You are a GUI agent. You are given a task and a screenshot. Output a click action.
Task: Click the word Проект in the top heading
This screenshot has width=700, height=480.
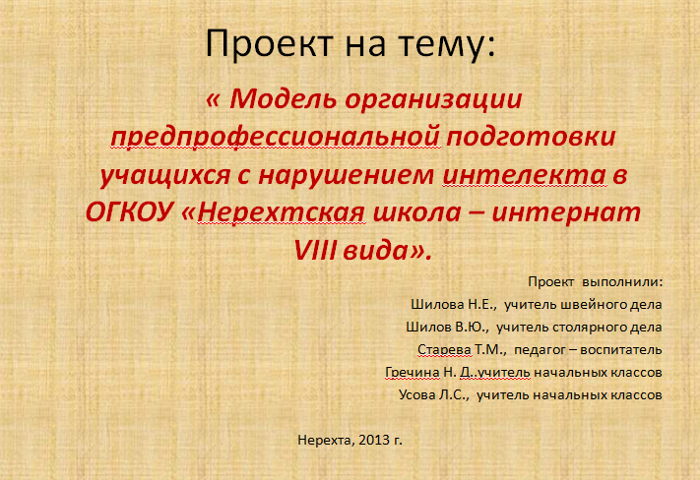pyautogui.click(x=269, y=43)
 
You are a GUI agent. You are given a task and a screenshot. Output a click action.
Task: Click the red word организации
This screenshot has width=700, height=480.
pyautogui.click(x=433, y=100)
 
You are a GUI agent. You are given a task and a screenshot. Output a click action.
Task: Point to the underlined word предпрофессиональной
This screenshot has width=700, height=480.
pyautogui.click(x=276, y=138)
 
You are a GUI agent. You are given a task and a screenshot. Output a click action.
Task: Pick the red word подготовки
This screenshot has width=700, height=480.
pyautogui.click(x=532, y=138)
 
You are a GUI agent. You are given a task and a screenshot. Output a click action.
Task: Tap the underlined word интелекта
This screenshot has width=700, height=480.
pyautogui.click(x=525, y=175)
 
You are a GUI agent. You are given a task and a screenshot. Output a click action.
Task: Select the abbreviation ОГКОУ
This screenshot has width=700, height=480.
pyautogui.click(x=129, y=212)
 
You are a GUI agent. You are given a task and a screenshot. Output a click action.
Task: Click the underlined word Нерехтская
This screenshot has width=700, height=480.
pyautogui.click(x=282, y=212)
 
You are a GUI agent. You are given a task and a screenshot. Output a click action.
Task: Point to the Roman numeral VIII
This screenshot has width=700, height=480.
pyautogui.click(x=315, y=251)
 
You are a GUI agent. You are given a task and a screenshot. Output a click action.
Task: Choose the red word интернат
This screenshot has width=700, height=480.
pyautogui.click(x=566, y=213)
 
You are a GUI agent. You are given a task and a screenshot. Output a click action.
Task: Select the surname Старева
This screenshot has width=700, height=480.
pyautogui.click(x=444, y=350)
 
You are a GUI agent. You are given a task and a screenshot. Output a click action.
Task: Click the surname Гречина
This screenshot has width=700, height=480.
pyautogui.click(x=413, y=373)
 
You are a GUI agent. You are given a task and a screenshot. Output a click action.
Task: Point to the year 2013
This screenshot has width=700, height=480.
pyautogui.click(x=374, y=441)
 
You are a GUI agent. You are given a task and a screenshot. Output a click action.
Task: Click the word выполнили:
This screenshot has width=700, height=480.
pyautogui.click(x=623, y=282)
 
